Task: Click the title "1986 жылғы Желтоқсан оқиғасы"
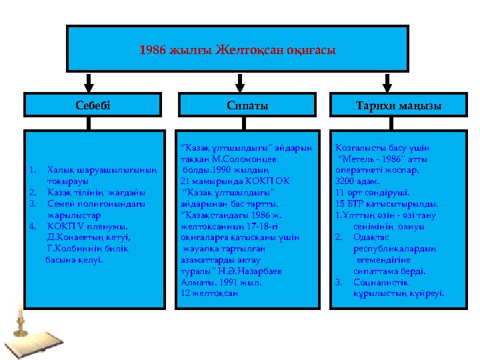[x=237, y=49]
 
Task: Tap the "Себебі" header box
[x=93, y=105]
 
